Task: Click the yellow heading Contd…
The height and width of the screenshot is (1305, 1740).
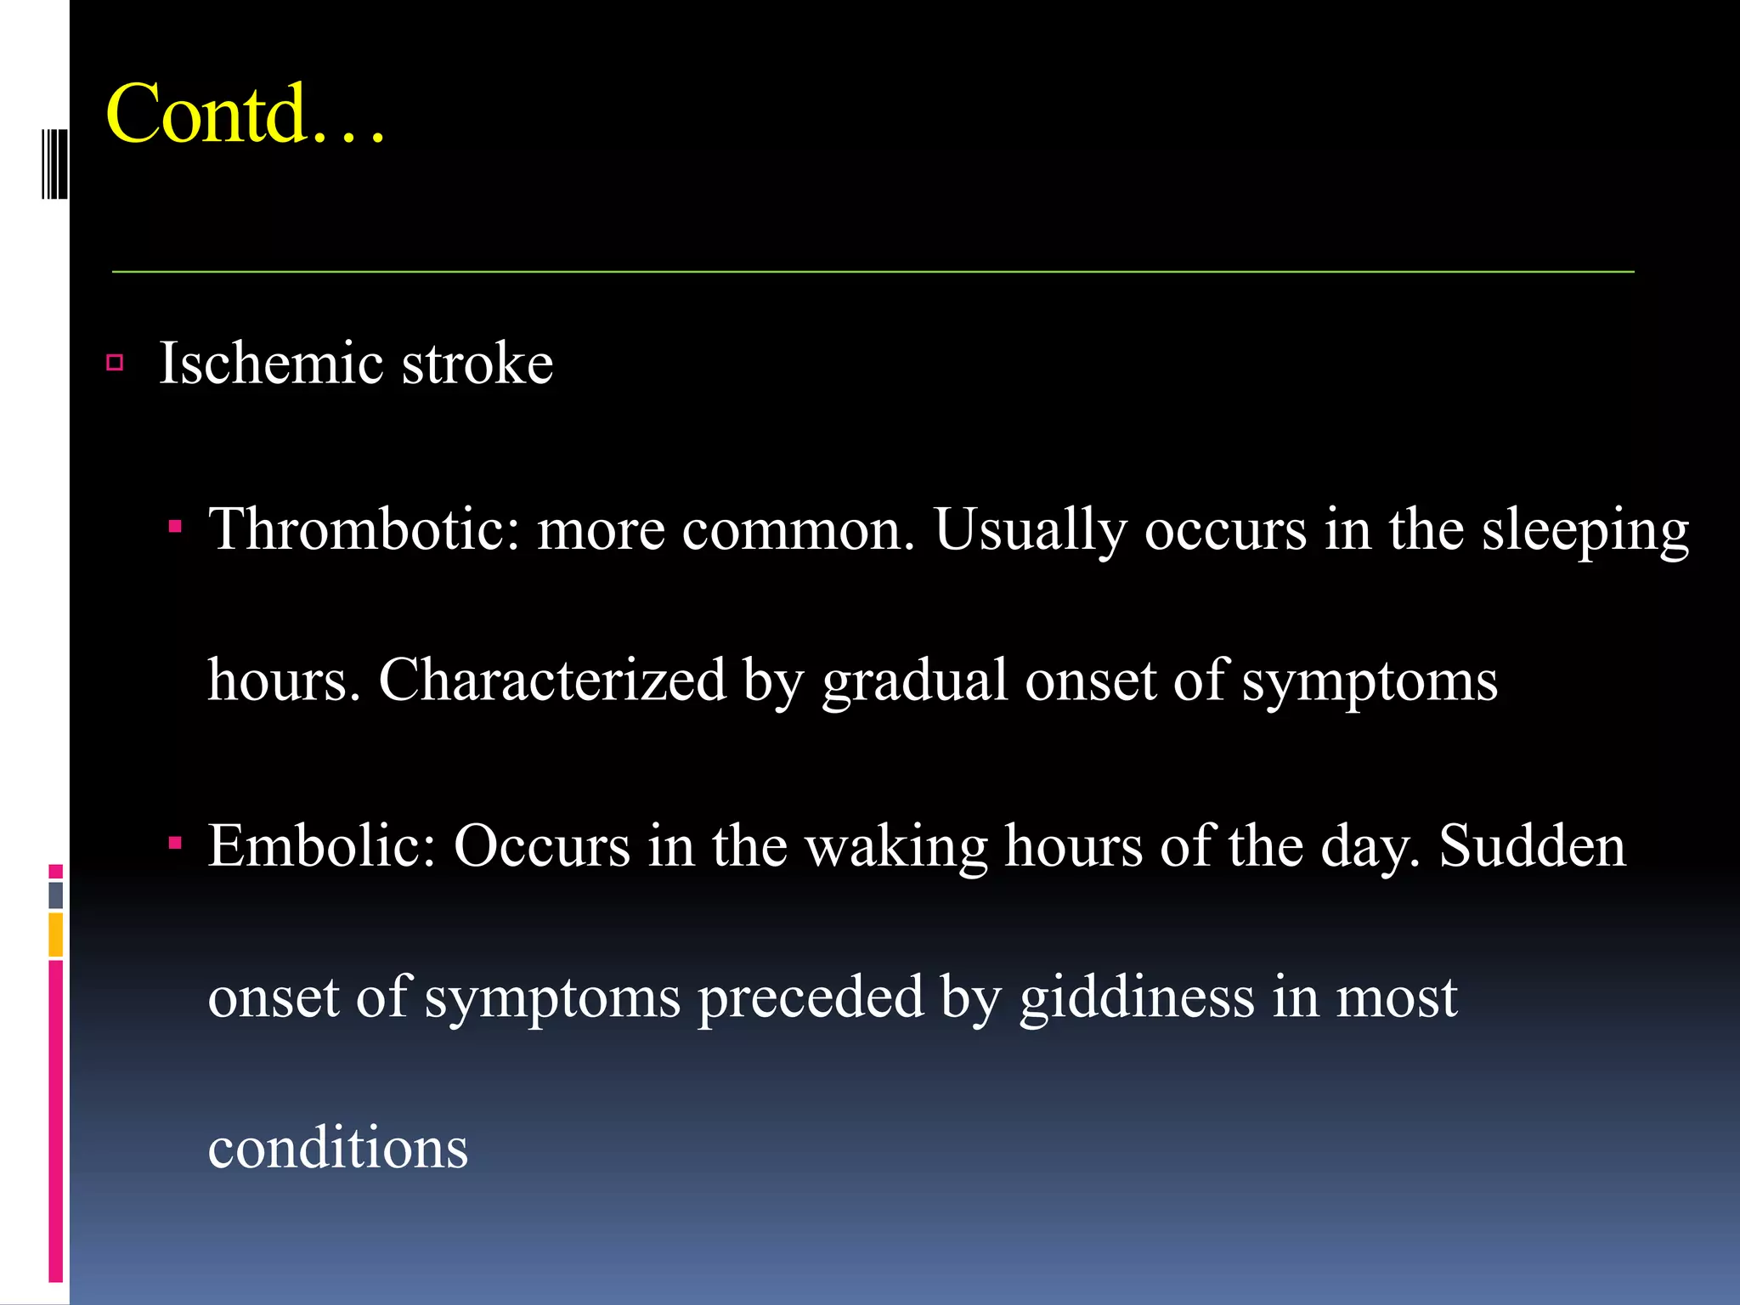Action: [x=245, y=115]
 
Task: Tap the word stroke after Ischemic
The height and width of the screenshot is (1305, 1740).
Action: [x=477, y=364]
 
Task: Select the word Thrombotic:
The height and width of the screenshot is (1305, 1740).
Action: [x=364, y=529]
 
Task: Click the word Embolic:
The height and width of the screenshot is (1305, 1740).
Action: [x=321, y=846]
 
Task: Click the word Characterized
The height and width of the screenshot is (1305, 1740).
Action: [x=552, y=680]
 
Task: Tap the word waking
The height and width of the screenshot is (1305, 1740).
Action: [x=895, y=848]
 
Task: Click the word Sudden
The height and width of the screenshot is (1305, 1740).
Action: [x=1532, y=846]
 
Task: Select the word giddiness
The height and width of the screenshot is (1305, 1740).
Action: [x=1137, y=997]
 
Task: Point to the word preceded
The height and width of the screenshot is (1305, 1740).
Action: [x=810, y=997]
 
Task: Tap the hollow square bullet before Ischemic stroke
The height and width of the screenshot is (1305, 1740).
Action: [x=116, y=364]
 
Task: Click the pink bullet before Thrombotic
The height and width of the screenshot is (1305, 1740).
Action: [x=175, y=527]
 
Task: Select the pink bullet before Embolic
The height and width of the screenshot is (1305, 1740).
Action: [x=175, y=844]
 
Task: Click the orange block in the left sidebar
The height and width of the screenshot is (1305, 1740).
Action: [x=56, y=935]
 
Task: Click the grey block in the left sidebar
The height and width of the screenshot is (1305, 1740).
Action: [x=56, y=895]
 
